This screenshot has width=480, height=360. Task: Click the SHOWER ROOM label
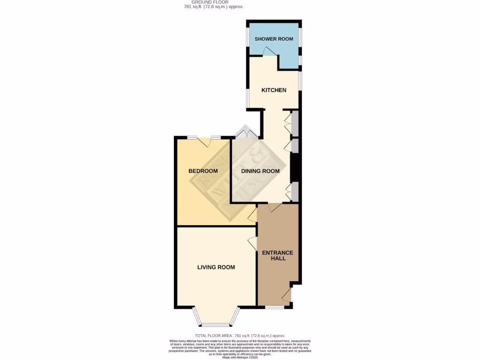coord(274,39)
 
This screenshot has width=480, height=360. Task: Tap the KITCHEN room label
coord(274,90)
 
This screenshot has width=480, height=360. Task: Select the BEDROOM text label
coord(203,171)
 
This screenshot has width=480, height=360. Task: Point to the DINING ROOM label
coord(260,171)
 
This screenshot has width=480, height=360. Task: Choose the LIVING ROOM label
coord(216,267)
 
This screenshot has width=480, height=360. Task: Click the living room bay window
coord(216,324)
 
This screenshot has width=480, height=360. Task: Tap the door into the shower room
coord(270,52)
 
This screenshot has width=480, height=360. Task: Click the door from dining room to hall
coord(275,207)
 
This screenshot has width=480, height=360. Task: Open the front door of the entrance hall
coord(286,295)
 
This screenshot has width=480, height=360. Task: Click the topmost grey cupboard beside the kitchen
coord(295,123)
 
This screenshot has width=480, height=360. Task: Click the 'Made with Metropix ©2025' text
coord(240,358)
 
